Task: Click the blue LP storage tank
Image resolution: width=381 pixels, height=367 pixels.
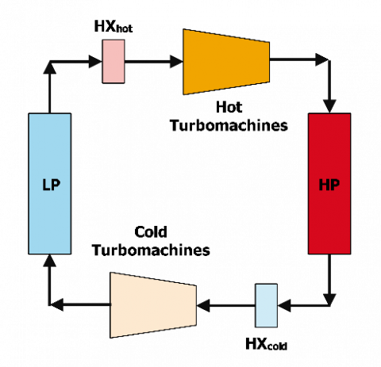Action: pos(50,184)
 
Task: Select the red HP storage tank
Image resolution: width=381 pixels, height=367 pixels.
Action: pos(329,184)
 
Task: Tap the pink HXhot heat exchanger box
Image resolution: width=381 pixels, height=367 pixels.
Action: pos(114,61)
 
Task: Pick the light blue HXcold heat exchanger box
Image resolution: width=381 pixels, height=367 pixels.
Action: pos(266,305)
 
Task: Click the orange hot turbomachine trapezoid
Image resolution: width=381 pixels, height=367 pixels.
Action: pos(226,62)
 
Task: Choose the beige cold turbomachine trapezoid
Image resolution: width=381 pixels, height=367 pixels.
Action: pos(153,305)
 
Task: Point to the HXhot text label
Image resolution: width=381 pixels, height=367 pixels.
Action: pos(114,26)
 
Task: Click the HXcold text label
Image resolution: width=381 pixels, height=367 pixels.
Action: pos(266,344)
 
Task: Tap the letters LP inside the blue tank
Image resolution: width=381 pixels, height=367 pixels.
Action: pos(52,185)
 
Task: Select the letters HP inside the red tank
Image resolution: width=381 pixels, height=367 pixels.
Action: pos(329,185)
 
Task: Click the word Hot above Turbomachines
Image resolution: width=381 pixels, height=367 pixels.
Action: pos(229,107)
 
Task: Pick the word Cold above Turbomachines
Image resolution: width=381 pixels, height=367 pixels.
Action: pos(151,232)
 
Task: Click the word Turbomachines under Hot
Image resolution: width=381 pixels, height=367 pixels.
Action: pos(229,125)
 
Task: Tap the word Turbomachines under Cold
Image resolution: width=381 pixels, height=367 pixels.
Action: pos(151,250)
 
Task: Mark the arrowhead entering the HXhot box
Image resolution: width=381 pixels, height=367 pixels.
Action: pos(95,62)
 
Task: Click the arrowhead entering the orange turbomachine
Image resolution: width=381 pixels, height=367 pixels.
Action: pos(176,62)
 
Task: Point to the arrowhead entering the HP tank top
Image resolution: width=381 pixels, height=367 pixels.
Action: pos(329,106)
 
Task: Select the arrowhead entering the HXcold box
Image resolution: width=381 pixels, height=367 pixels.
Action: pos(284,306)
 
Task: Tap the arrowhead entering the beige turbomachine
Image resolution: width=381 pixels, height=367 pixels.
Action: pos(203,306)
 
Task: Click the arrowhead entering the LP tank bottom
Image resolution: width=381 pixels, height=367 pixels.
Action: pos(49,261)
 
